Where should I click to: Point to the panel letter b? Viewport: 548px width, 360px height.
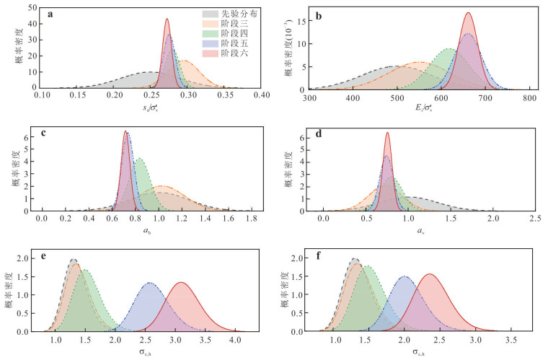point(317,14)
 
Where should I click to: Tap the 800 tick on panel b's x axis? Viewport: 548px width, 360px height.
point(529,97)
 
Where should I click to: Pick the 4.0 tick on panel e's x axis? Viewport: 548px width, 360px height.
point(235,338)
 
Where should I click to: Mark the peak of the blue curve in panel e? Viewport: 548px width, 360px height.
point(150,282)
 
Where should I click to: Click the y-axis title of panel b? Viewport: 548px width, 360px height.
point(288,50)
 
